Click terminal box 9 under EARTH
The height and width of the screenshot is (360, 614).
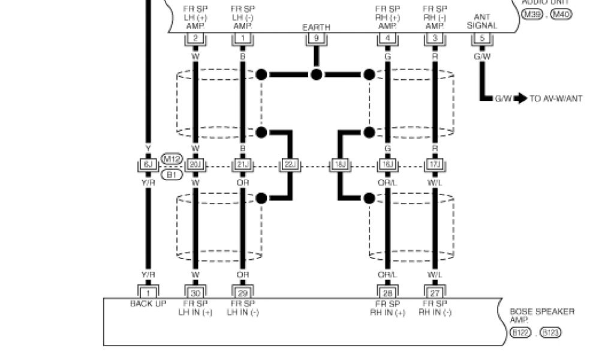click(316, 38)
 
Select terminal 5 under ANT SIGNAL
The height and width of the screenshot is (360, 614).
click(481, 38)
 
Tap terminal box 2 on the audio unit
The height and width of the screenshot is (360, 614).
click(195, 38)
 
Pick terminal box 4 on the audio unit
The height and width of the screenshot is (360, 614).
click(387, 38)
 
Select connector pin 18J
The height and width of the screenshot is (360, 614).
click(339, 164)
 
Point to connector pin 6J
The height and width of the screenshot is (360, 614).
click(148, 164)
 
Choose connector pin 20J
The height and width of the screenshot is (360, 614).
click(195, 164)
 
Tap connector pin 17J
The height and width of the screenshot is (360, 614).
click(434, 164)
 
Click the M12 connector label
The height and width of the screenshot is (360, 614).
click(172, 159)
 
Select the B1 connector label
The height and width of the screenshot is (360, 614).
click(172, 174)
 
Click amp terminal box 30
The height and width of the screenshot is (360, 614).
click(195, 292)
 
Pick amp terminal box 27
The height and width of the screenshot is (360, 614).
click(434, 292)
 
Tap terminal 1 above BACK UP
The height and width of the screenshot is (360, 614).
click(148, 292)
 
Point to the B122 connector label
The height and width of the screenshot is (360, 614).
click(519, 332)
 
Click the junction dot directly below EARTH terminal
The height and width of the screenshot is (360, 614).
click(316, 74)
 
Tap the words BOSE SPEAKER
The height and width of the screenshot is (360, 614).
click(541, 312)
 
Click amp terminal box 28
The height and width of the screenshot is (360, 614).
click(387, 292)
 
